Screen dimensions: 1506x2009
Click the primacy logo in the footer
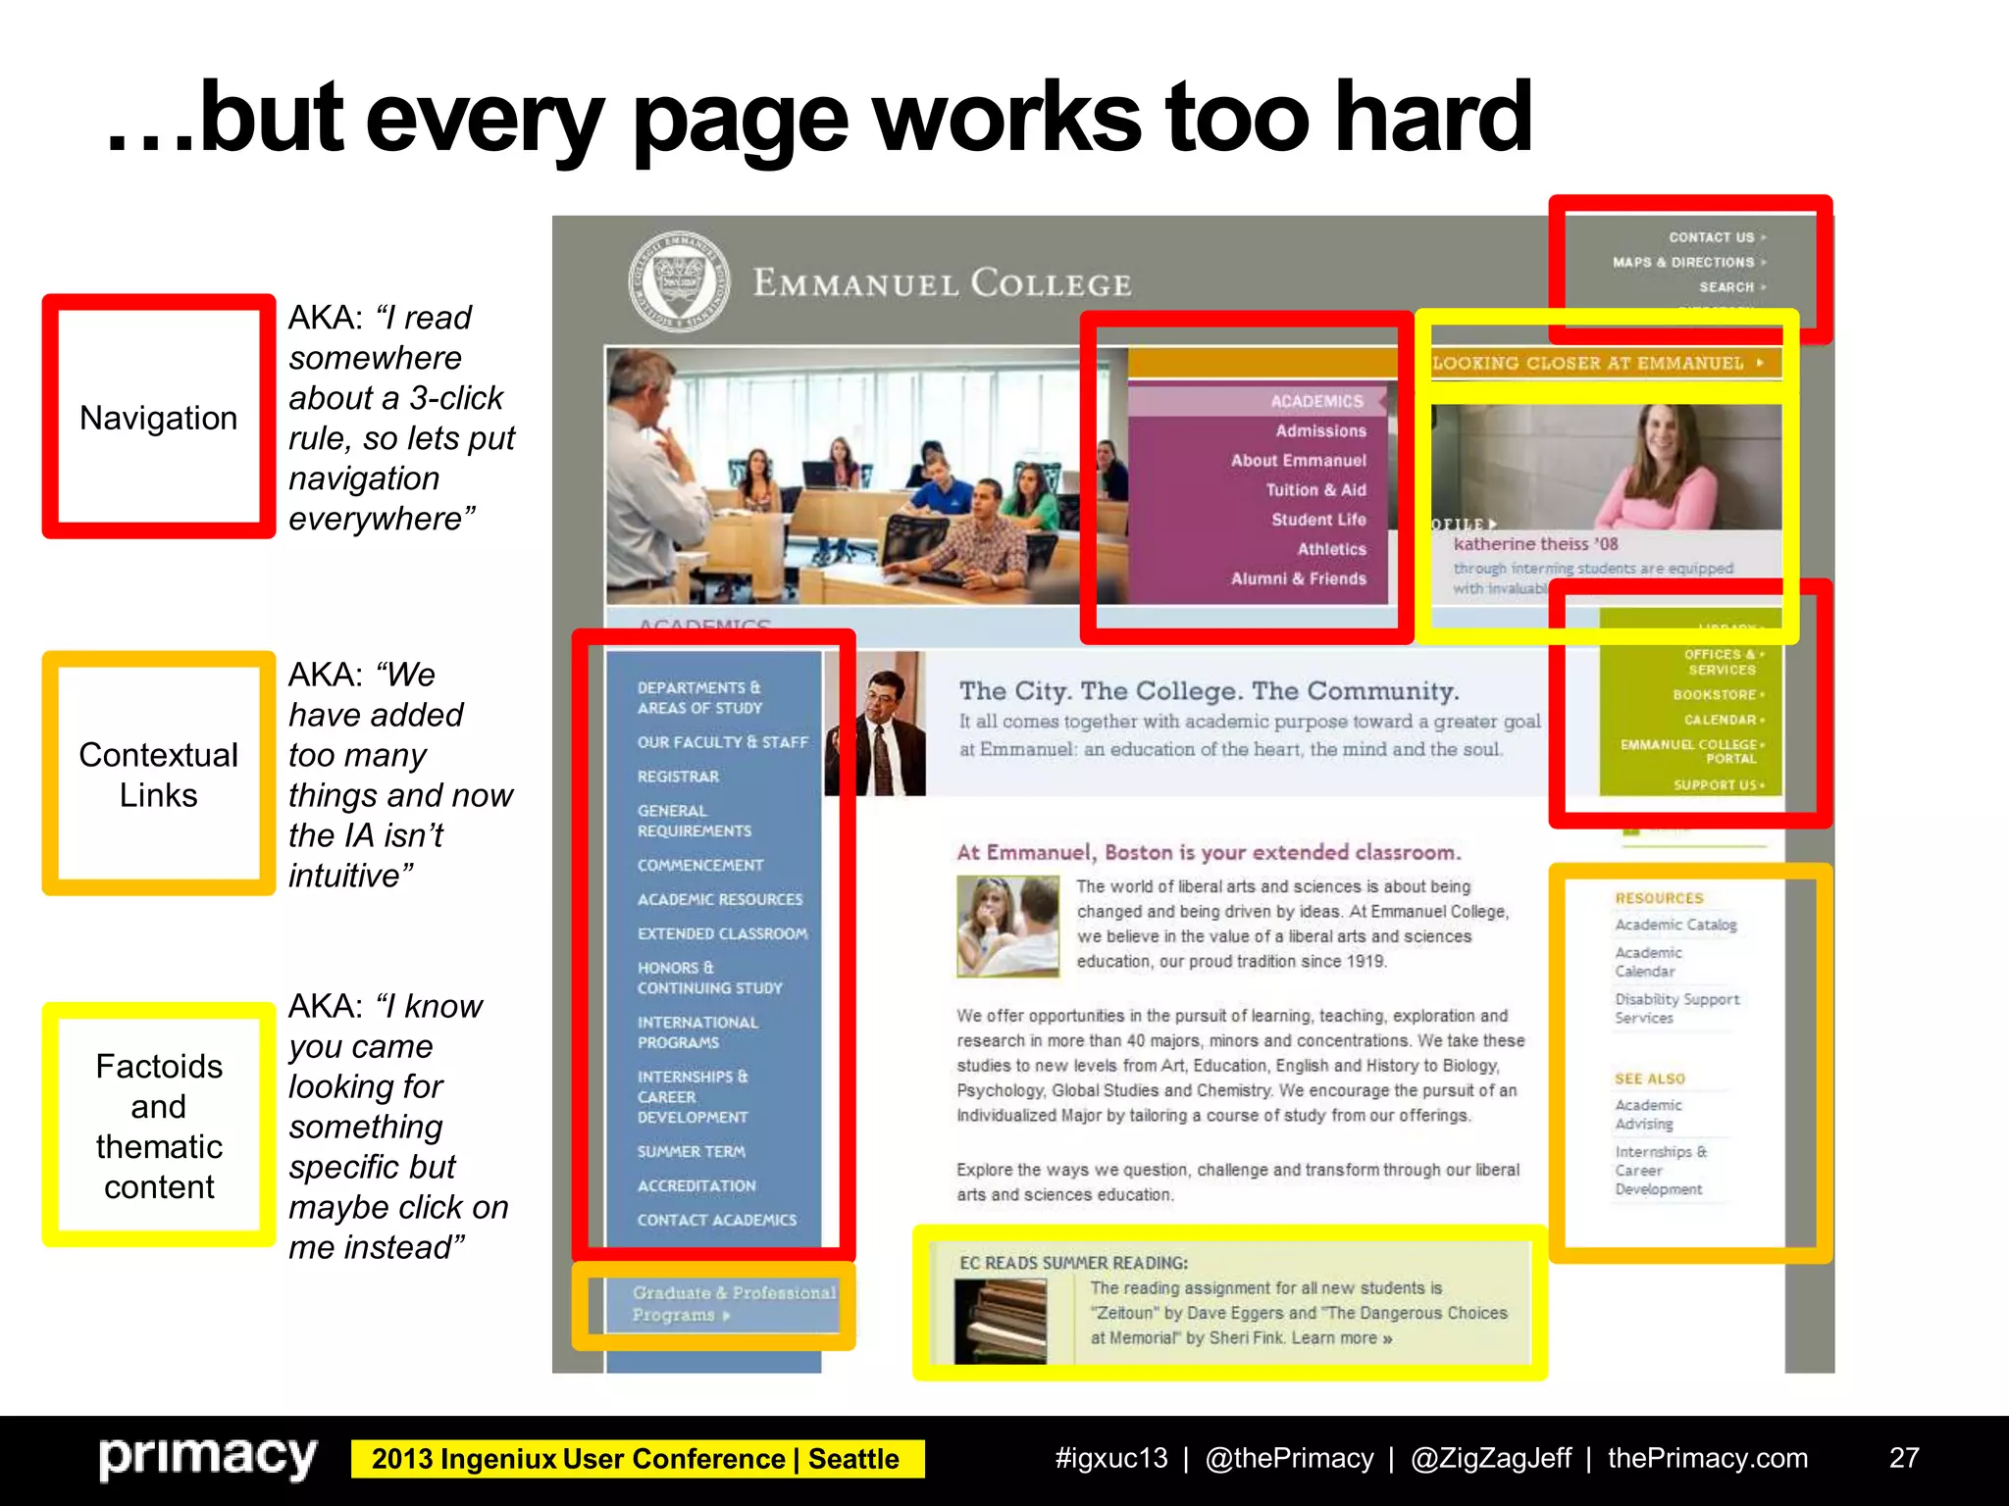pyautogui.click(x=208, y=1458)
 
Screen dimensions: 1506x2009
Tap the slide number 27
pyautogui.click(x=1903, y=1458)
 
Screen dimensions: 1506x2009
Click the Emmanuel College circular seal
pyautogui.click(x=679, y=281)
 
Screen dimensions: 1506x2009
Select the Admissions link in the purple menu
pyautogui.click(x=1320, y=430)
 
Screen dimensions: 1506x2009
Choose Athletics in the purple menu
pyautogui.click(x=1331, y=549)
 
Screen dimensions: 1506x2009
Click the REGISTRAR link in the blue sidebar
pyautogui.click(x=678, y=777)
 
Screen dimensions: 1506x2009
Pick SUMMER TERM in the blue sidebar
pyautogui.click(x=691, y=1151)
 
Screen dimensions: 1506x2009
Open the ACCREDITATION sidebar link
pyautogui.click(x=696, y=1185)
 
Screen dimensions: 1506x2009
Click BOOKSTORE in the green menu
pyautogui.click(x=1716, y=694)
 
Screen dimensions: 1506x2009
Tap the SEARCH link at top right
pyautogui.click(x=1727, y=287)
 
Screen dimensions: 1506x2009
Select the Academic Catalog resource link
pyautogui.click(x=1675, y=925)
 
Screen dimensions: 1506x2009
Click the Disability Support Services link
pyautogui.click(x=1676, y=1008)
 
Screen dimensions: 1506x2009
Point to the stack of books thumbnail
pyautogui.click(x=1000, y=1321)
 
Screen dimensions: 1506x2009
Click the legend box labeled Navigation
pyautogui.click(x=159, y=418)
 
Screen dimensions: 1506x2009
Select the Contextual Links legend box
pyautogui.click(x=159, y=774)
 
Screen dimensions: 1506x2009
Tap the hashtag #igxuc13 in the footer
pyautogui.click(x=1110, y=1458)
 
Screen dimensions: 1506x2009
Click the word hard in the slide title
pyautogui.click(x=1433, y=118)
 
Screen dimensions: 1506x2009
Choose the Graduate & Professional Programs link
pyautogui.click(x=733, y=1304)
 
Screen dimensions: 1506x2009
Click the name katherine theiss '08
pyautogui.click(x=1535, y=544)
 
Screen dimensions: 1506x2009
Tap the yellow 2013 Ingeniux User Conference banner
pyautogui.click(x=636, y=1459)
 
